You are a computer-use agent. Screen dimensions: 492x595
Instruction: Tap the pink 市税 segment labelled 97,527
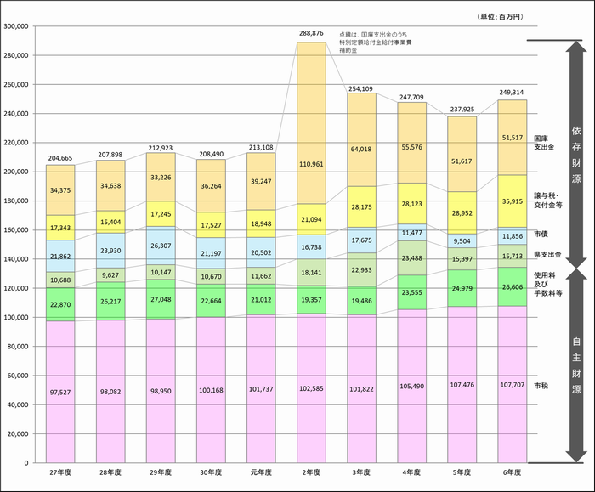(x=59, y=392)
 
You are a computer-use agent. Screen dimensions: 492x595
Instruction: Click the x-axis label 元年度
(x=261, y=472)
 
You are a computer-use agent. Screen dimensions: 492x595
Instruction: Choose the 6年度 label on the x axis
(x=512, y=472)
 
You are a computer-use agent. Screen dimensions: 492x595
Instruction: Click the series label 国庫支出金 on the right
(x=541, y=143)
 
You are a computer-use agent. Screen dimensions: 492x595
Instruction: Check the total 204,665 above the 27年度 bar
(x=59, y=157)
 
